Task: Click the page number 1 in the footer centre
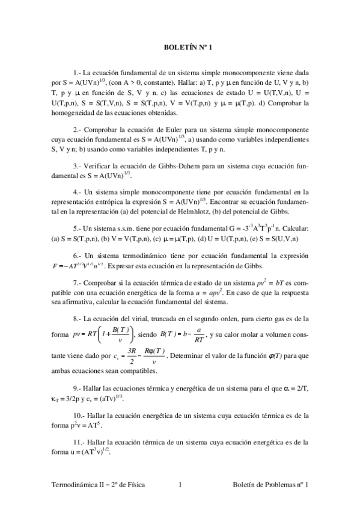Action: [180, 485]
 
